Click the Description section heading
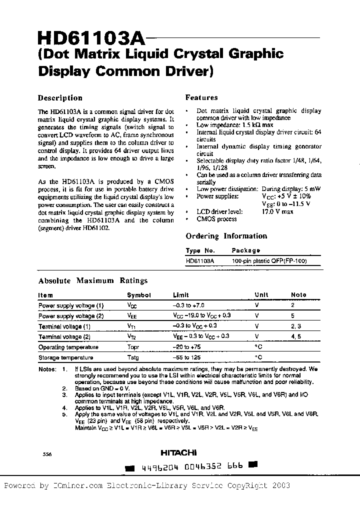click(x=60, y=98)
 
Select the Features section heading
click(x=201, y=98)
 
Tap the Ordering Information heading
click(x=226, y=236)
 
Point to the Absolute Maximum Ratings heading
click(x=92, y=281)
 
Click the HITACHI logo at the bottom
click(x=178, y=453)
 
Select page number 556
click(x=47, y=454)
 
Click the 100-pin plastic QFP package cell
click(x=269, y=261)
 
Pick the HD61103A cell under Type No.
click(x=200, y=261)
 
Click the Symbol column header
click(x=138, y=295)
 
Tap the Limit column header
click(x=181, y=295)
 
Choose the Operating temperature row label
click(x=68, y=347)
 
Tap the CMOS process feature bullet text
click(x=216, y=219)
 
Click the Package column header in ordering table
click(x=245, y=250)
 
